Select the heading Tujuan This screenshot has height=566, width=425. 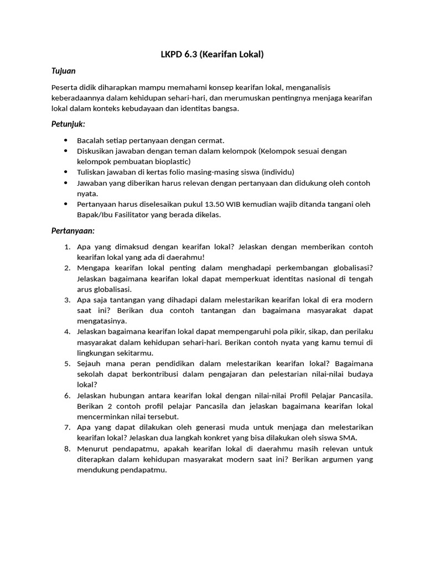63,71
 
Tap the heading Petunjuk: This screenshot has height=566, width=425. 68,124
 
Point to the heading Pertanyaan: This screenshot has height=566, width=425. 72,230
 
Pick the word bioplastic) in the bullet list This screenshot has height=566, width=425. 172,161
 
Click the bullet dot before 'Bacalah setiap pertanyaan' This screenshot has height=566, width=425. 66,141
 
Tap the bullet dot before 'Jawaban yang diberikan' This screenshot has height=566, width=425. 66,183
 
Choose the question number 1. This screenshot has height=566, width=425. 66,247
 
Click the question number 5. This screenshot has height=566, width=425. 66,364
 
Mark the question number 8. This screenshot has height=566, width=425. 66,449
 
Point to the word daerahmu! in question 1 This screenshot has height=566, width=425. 186,257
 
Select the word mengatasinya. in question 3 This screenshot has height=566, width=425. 102,321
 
